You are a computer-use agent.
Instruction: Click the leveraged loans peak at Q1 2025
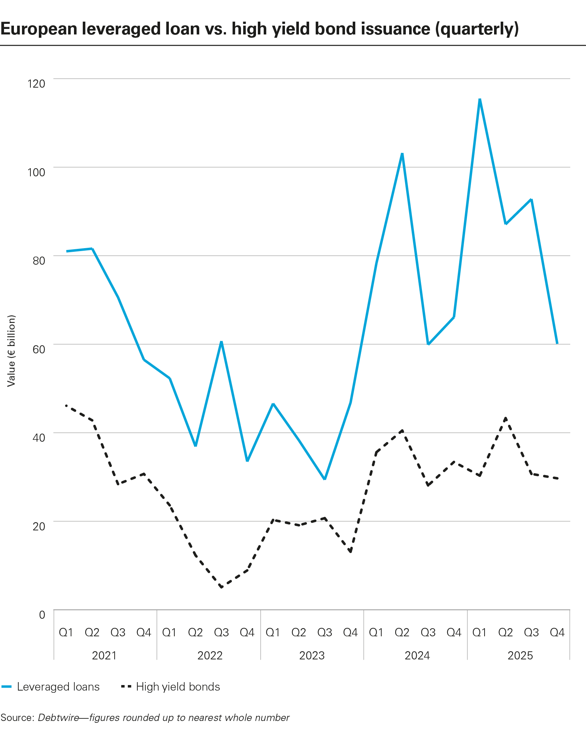click(x=480, y=99)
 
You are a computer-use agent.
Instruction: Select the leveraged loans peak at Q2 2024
click(x=402, y=154)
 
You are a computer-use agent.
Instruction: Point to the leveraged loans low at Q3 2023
click(x=324, y=479)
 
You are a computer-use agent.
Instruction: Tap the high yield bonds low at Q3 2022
click(x=221, y=587)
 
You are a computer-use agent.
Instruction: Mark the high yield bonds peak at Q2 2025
click(x=506, y=418)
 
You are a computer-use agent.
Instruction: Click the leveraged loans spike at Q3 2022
click(x=221, y=342)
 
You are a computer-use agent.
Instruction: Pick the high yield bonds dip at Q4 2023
click(x=351, y=552)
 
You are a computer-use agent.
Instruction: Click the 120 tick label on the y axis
click(x=36, y=84)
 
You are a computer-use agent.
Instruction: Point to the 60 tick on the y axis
click(x=39, y=349)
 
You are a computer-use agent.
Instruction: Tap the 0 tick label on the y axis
click(x=42, y=615)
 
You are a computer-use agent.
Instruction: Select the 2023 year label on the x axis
click(x=312, y=655)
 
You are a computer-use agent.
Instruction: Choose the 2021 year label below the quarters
click(x=104, y=655)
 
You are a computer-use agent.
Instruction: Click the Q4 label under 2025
click(x=557, y=632)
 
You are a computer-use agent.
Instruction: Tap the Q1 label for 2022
click(x=169, y=632)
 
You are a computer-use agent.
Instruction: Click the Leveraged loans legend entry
click(x=58, y=687)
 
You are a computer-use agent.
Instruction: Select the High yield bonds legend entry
click(x=178, y=687)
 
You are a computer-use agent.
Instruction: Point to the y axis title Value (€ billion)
click(x=11, y=351)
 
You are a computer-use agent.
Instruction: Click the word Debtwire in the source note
click(x=59, y=718)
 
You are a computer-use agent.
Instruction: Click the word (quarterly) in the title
click(x=477, y=29)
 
